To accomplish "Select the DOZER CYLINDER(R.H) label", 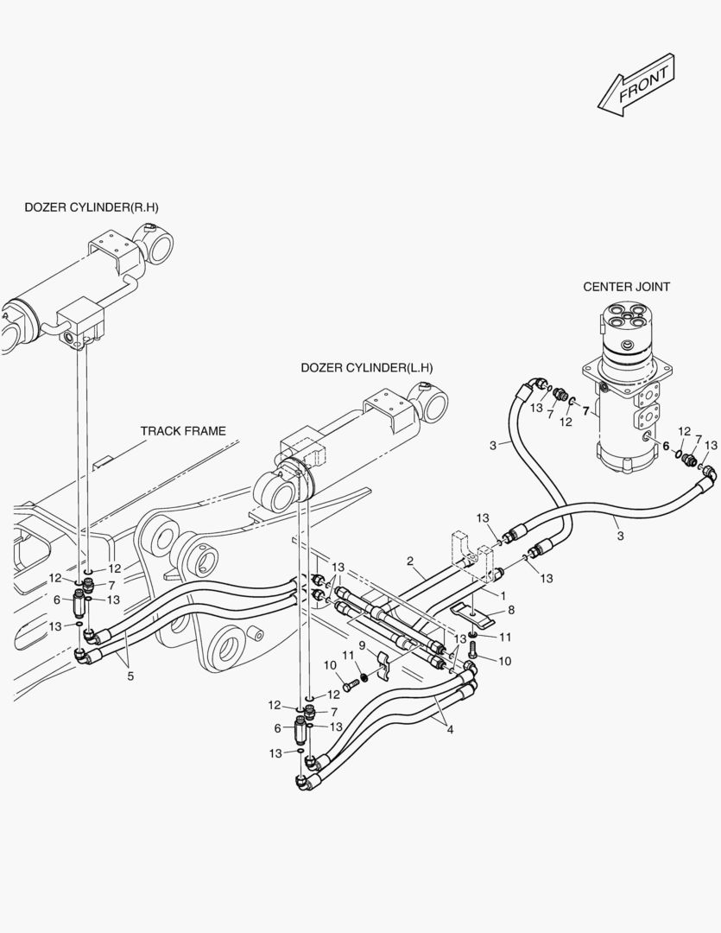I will [92, 207].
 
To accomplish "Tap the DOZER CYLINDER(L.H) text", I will [367, 367].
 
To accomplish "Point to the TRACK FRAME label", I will [183, 430].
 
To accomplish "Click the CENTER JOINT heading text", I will [626, 287].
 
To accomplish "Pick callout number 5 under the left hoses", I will [130, 676].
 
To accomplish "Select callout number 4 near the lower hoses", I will [450, 729].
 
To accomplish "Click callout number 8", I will [511, 610].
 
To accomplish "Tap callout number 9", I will [362, 645].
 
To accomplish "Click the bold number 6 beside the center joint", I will [666, 446].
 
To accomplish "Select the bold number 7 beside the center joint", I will [585, 411].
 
